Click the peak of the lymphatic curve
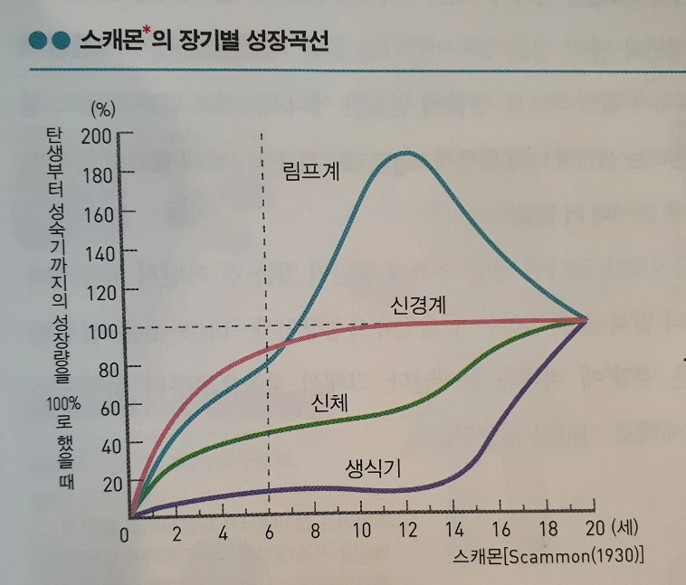(x=406, y=153)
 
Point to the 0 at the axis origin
(x=127, y=533)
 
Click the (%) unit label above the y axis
(x=104, y=110)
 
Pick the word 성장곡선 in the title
(x=287, y=42)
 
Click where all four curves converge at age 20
(x=586, y=318)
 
